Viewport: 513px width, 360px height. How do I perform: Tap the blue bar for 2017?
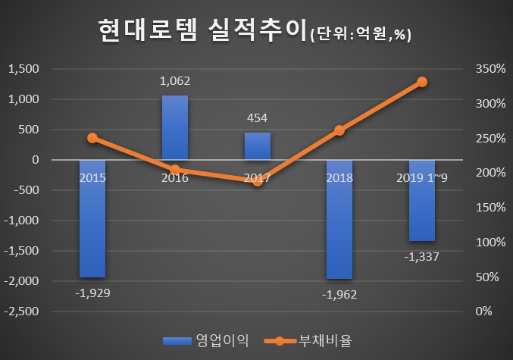tap(257, 146)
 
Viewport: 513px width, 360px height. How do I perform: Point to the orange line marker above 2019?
tap(422, 82)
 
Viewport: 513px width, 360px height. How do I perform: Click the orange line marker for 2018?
tap(339, 130)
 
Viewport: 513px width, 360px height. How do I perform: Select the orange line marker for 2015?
tap(92, 138)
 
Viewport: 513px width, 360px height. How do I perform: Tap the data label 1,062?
tap(175, 80)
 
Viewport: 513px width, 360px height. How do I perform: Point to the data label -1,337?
tap(422, 256)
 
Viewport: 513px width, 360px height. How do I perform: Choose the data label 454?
tap(257, 117)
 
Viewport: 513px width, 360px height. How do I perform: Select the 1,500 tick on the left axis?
tap(23, 69)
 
